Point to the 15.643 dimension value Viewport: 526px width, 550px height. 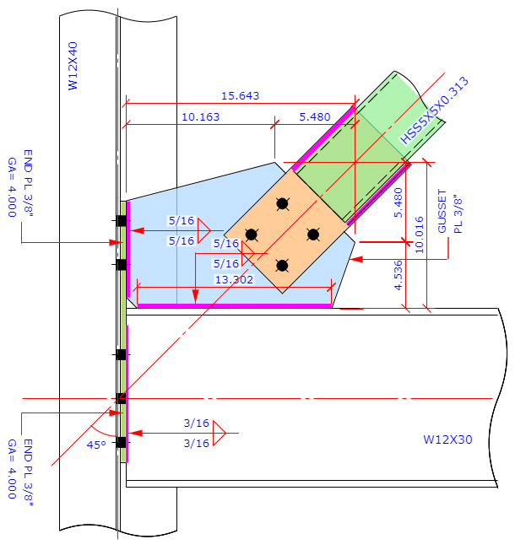click(240, 96)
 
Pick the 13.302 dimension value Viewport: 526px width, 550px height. click(235, 279)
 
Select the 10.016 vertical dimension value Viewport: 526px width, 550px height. click(420, 234)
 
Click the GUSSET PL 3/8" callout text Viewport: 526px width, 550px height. click(449, 213)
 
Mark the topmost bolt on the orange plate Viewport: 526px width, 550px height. click(282, 203)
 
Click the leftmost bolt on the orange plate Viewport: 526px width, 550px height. click(251, 235)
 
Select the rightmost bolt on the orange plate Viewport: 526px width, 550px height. click(313, 235)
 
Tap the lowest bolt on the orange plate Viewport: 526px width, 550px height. click(282, 266)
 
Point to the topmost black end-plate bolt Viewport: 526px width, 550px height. click(122, 221)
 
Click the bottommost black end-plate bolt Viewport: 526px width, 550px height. click(122, 442)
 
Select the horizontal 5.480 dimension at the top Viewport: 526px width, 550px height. click(315, 117)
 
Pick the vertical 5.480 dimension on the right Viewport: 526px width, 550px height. click(399, 202)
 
